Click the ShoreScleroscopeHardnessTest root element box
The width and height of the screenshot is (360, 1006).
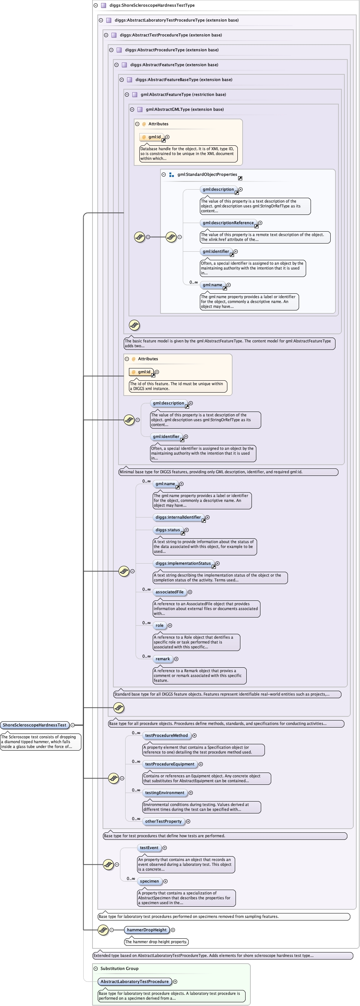(34, 725)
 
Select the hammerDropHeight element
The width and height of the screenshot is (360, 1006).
(146, 929)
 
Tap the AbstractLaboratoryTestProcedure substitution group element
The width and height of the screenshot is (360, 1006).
(134, 981)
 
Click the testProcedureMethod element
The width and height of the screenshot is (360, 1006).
(166, 735)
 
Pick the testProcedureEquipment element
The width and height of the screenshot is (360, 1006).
(169, 764)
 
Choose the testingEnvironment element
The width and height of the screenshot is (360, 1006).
(164, 792)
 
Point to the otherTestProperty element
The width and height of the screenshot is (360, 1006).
(163, 821)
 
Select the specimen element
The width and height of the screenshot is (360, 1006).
(149, 881)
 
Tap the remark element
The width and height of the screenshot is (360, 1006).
(162, 658)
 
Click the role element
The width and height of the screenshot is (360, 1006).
(159, 625)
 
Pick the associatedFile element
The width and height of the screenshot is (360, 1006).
(169, 591)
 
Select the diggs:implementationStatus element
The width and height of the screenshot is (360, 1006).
(183, 563)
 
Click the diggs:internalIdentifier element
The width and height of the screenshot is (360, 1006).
(178, 517)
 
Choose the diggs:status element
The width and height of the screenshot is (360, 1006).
(168, 529)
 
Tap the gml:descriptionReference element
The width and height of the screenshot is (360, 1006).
(228, 223)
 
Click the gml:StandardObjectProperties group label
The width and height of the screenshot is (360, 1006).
(207, 174)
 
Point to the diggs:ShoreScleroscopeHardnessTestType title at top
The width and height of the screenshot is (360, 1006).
(152, 5)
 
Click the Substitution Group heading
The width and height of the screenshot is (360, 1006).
(119, 968)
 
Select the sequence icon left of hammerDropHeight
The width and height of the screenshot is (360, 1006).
(103, 929)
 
